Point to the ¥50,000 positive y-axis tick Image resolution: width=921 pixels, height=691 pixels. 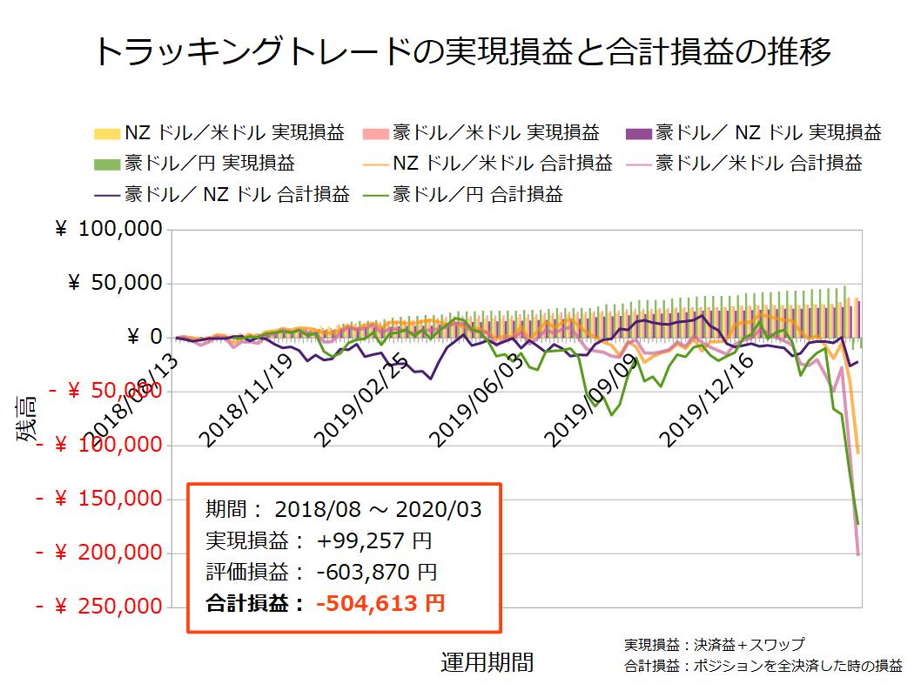pyautogui.click(x=115, y=283)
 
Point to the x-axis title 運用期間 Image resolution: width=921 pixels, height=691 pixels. pyautogui.click(x=487, y=662)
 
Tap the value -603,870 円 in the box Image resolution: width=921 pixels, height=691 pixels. pyautogui.click(x=377, y=572)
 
